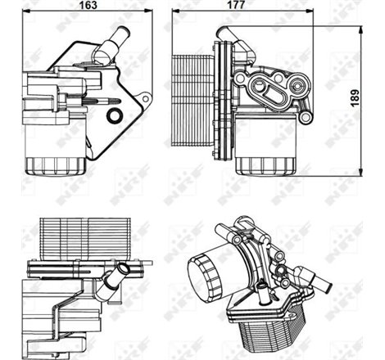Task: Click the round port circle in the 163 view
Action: (115, 115)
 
